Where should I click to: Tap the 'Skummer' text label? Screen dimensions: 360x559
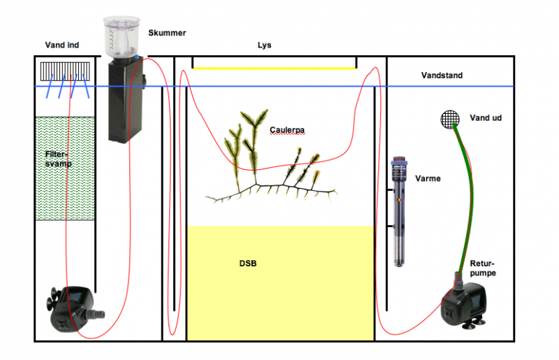(167, 33)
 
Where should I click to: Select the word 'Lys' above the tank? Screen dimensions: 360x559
(264, 45)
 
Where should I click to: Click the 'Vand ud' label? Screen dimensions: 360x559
(486, 118)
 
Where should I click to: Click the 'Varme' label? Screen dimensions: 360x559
(428, 178)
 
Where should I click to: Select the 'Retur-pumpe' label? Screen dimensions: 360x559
(483, 268)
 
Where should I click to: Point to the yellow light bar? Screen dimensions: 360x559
(274, 68)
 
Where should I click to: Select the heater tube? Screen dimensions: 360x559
(400, 210)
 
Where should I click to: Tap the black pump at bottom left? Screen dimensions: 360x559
(75, 309)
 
